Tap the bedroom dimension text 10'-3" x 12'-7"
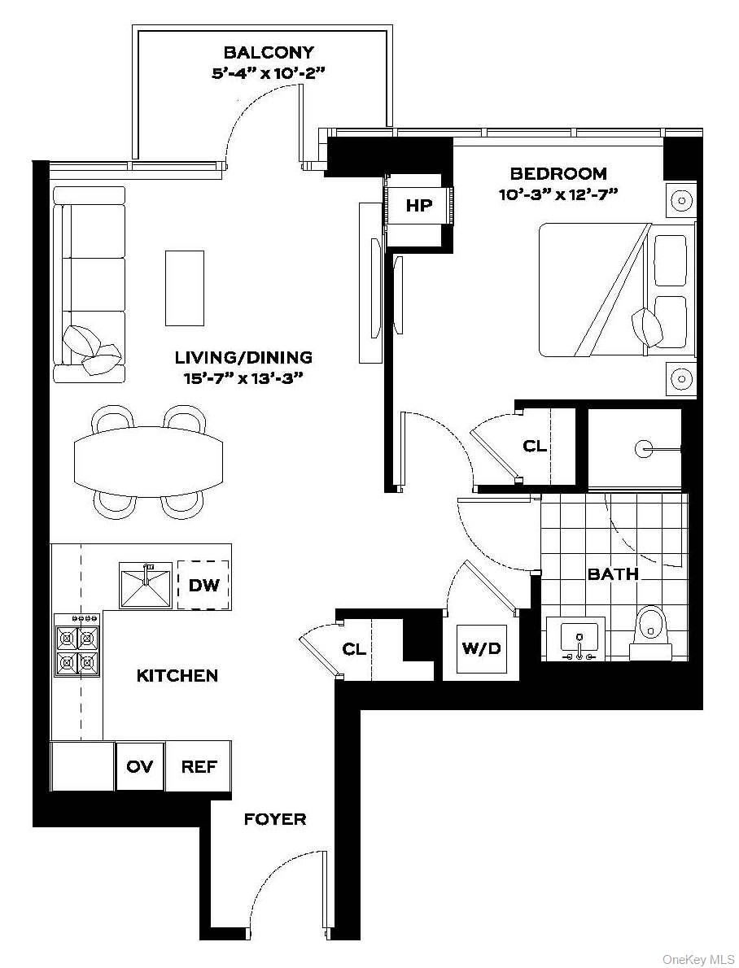point(558,194)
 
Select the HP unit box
point(419,206)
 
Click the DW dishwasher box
point(203,584)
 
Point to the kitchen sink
point(146,585)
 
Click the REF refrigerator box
point(199,766)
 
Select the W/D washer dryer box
point(481,648)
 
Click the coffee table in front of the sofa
point(185,288)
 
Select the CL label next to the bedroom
point(535,447)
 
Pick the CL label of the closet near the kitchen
point(353,649)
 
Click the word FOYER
point(275,819)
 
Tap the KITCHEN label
point(177,675)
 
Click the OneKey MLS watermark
point(698,960)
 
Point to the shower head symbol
point(645,447)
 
